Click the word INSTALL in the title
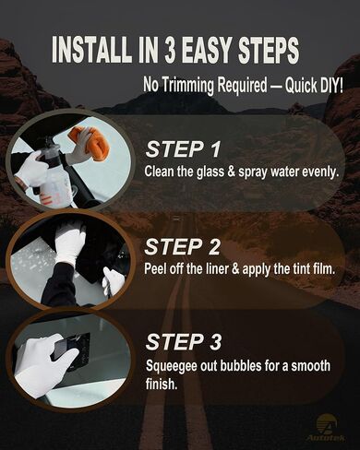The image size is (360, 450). [x=90, y=50]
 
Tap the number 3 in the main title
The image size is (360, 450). [x=169, y=50]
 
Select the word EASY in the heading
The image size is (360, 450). [x=207, y=50]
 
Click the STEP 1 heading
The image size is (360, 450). [x=183, y=149]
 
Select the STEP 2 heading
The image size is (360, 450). [x=183, y=247]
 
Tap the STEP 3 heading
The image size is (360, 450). [x=184, y=342]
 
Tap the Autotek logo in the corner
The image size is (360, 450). [x=327, y=428]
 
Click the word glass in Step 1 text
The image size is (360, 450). [x=210, y=172]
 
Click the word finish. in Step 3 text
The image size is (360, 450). [x=162, y=384]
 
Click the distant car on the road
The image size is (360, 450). [x=176, y=219]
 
